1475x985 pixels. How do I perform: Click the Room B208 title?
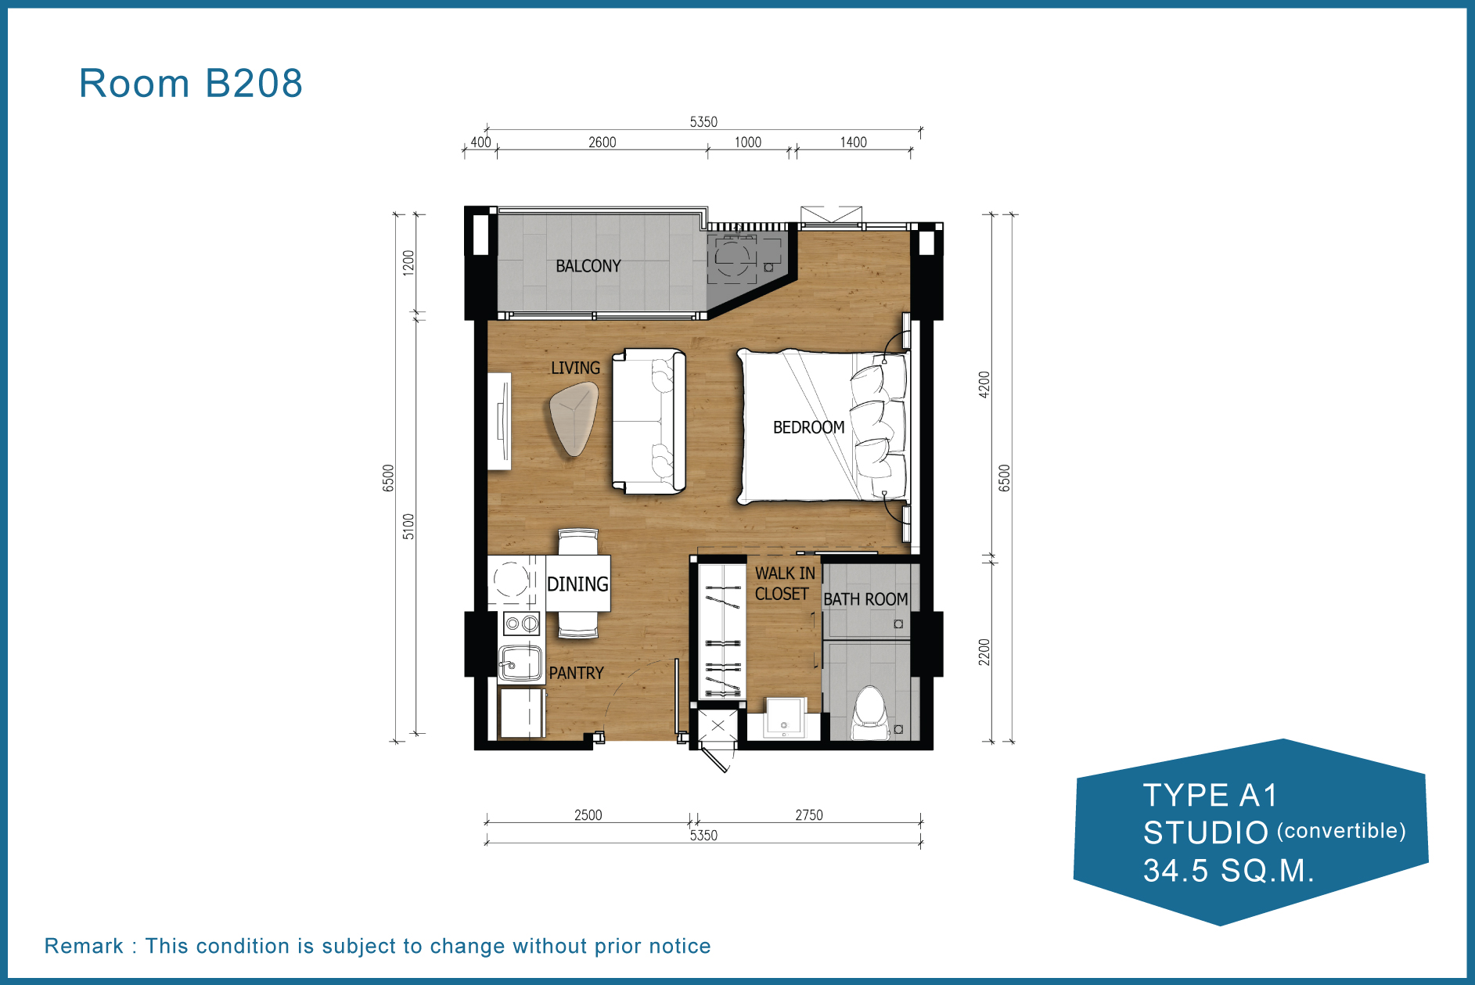click(x=190, y=83)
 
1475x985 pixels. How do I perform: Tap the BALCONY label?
click(x=588, y=266)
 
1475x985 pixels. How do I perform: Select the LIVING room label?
click(x=575, y=368)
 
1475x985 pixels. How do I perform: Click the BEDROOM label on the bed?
click(x=808, y=427)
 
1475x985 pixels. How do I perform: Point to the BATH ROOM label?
click(x=865, y=599)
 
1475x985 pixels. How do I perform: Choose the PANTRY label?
click(x=576, y=673)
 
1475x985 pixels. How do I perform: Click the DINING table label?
click(x=577, y=584)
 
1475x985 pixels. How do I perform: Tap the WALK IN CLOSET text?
click(x=784, y=584)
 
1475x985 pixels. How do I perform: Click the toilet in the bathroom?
click(x=869, y=713)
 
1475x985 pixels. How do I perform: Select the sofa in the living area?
click(x=649, y=421)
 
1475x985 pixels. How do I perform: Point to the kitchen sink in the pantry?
click(x=520, y=663)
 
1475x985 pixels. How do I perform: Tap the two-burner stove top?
click(x=521, y=624)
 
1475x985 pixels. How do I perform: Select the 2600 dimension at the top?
click(x=602, y=142)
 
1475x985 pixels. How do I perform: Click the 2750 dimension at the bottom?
click(x=809, y=815)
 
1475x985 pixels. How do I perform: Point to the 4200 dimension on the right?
click(x=984, y=384)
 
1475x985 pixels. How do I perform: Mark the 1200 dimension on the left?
click(x=408, y=263)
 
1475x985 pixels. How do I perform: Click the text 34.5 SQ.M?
click(x=1229, y=871)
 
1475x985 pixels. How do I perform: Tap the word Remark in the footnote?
click(x=84, y=946)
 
